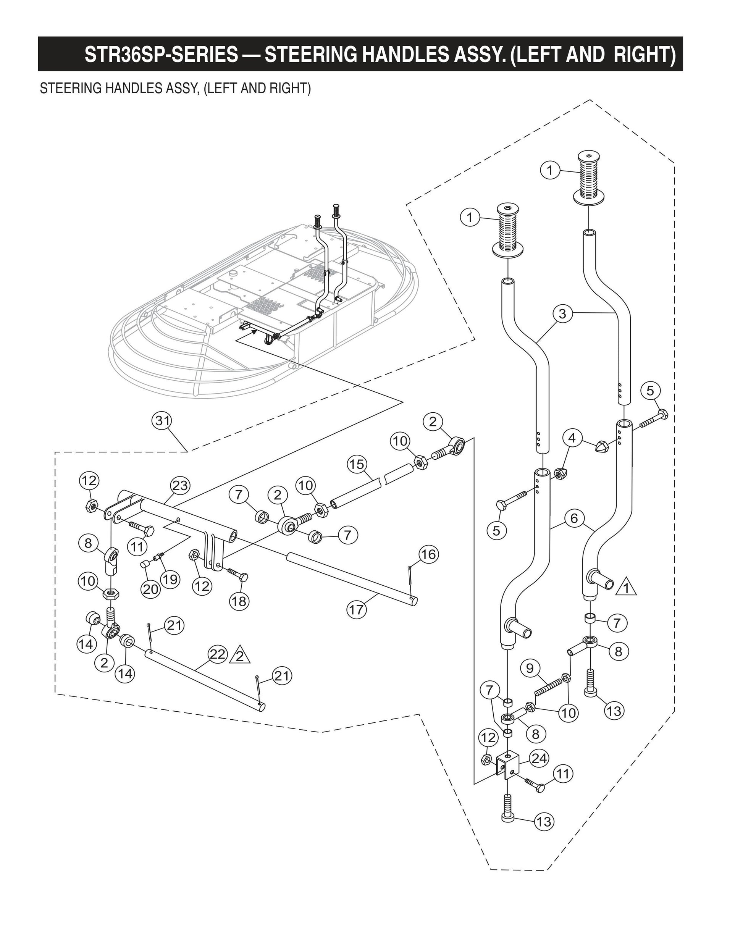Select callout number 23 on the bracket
click(x=180, y=485)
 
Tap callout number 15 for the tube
click(x=357, y=464)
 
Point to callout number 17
click(x=356, y=609)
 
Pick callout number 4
click(x=572, y=438)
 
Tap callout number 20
click(x=150, y=589)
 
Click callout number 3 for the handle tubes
click(x=562, y=313)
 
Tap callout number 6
click(x=574, y=518)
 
